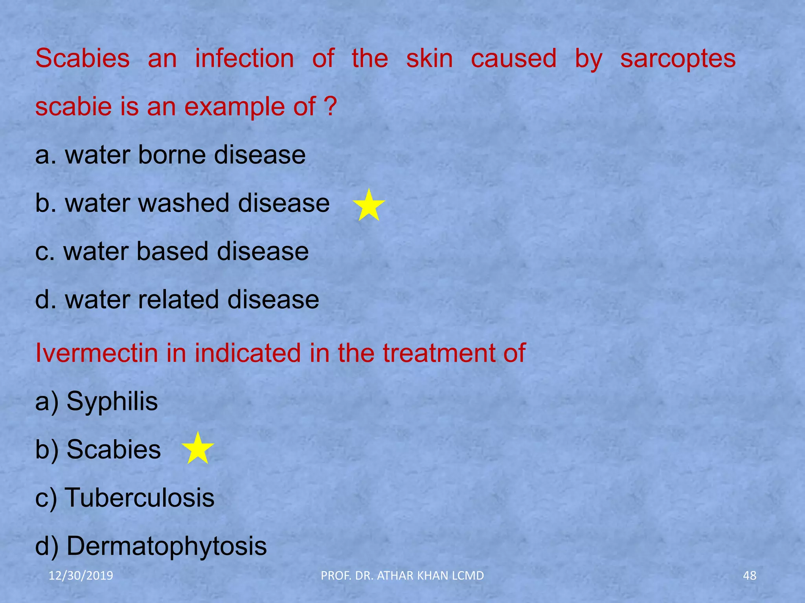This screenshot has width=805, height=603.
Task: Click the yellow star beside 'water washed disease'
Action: coord(368,205)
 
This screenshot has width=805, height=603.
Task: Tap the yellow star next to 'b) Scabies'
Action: coord(198,449)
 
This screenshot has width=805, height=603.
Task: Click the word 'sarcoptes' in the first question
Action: coord(678,59)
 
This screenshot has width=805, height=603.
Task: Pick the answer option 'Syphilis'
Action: coord(112,401)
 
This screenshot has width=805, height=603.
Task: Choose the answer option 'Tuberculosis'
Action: coord(140,498)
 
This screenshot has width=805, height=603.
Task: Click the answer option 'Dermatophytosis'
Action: coord(167,546)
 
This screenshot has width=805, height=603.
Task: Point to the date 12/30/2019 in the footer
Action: coord(81,576)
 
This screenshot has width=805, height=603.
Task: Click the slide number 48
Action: coord(749,576)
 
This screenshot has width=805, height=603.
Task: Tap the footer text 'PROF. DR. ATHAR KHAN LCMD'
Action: coord(402,576)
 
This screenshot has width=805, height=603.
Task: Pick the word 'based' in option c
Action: coord(172,252)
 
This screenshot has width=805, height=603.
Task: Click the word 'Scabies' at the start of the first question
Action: coord(83,59)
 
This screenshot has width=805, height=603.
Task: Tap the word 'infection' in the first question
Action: coord(244,59)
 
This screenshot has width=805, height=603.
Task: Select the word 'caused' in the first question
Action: coord(513,59)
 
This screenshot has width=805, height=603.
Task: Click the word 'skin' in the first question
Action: coord(429,59)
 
